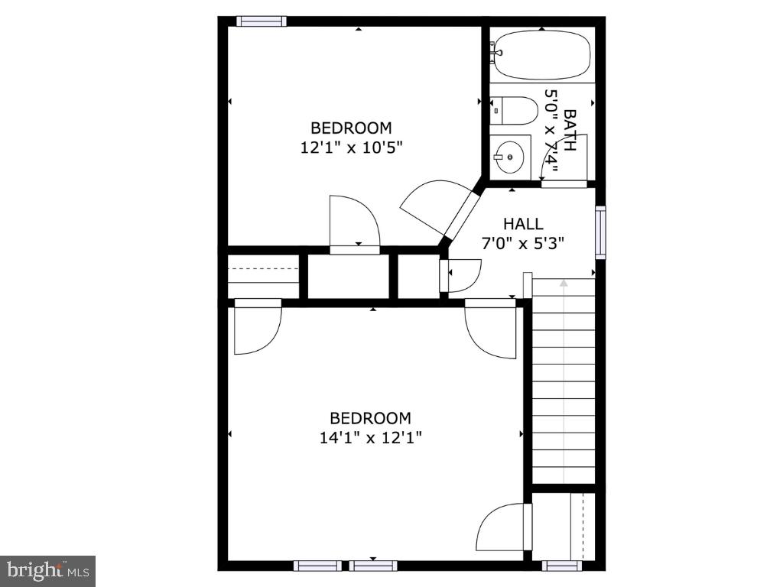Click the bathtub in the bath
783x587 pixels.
[541, 55]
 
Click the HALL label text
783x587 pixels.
[523, 224]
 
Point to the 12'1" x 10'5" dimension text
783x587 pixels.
[351, 148]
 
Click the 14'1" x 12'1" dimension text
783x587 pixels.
[371, 438]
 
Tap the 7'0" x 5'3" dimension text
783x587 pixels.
[523, 244]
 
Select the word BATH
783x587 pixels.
[570, 130]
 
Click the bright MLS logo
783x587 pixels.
[47, 570]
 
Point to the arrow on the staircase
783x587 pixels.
[564, 284]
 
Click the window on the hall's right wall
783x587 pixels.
[600, 232]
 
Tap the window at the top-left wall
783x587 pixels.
[261, 21]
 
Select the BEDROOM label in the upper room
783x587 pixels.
[351, 128]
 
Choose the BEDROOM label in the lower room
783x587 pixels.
[371, 418]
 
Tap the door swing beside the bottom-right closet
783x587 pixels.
[503, 527]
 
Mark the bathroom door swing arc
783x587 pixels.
[557, 162]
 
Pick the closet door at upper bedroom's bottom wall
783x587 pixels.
[354, 223]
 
